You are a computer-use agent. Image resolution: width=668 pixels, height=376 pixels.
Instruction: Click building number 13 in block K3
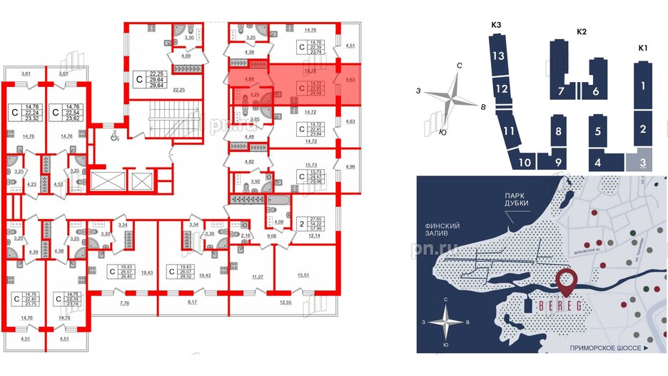tap(500, 56)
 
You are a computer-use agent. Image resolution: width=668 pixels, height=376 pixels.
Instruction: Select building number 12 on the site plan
tap(502, 89)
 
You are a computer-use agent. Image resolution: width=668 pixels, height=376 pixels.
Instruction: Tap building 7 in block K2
tap(561, 91)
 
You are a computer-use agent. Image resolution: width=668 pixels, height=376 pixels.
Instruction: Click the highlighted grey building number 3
tap(643, 162)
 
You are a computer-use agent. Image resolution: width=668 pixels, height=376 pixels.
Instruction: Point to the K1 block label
tap(642, 47)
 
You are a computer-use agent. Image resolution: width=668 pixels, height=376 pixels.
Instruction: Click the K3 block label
tap(497, 26)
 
